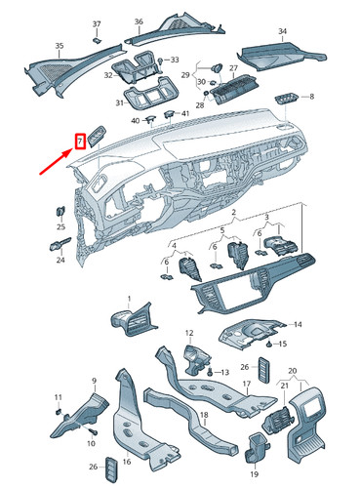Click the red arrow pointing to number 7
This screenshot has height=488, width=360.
(56, 161)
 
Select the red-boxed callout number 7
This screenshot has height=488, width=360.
(80, 142)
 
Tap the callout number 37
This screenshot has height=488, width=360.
(97, 24)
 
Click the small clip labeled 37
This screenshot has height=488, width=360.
(97, 40)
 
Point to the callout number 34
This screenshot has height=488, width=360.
(283, 31)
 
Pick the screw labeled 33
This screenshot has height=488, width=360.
(160, 61)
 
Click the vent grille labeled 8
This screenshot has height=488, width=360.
(286, 99)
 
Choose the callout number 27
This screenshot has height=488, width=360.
(233, 68)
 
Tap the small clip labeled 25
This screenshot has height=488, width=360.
(60, 211)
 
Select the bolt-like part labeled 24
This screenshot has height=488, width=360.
(60, 244)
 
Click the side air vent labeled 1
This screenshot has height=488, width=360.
(134, 319)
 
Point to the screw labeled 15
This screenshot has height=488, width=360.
(269, 344)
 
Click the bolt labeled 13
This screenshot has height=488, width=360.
(210, 372)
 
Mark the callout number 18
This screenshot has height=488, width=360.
(204, 416)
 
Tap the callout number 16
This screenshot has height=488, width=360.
(127, 462)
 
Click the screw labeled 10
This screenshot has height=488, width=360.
(94, 431)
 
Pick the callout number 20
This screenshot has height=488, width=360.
(293, 371)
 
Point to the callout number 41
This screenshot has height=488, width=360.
(184, 113)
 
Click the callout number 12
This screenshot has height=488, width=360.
(189, 333)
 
